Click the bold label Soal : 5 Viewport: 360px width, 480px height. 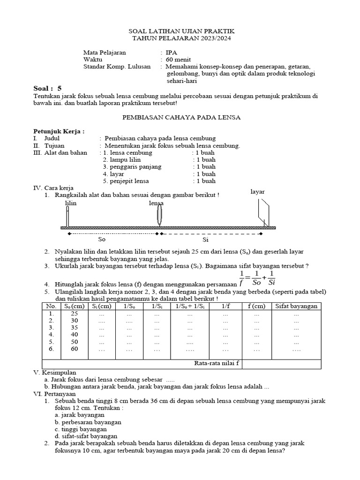[x=47, y=88]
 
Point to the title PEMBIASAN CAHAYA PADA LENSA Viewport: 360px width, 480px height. [x=180, y=118]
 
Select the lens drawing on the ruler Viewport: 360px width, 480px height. [x=159, y=216]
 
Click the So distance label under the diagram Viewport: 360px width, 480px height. [x=102, y=239]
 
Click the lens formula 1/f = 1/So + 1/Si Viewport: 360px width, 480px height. [x=257, y=278]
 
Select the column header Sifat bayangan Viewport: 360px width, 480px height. [x=296, y=306]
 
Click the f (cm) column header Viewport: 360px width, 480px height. [x=256, y=306]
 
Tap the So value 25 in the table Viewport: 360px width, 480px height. [x=74, y=313]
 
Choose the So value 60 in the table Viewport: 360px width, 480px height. [x=74, y=350]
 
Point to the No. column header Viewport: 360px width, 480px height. [x=51, y=306]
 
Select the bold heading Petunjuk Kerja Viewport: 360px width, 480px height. [x=59, y=131]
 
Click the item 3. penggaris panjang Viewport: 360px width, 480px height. [x=132, y=166]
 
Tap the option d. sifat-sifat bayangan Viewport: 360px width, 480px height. [x=86, y=436]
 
